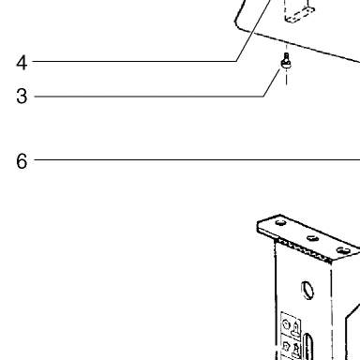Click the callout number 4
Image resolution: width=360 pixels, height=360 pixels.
[x=22, y=63]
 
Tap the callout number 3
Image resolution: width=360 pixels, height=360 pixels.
[x=22, y=96]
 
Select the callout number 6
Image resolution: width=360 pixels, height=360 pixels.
[x=22, y=161]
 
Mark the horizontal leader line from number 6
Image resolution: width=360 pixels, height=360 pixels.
[x=197, y=160]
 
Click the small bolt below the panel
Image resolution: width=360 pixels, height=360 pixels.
[x=286, y=61]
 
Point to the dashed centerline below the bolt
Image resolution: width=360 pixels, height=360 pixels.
[x=286, y=77]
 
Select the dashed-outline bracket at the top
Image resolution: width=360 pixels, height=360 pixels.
[x=298, y=12]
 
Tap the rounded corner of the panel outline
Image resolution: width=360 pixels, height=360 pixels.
[x=238, y=25]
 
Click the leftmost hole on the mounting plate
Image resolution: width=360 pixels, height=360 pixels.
[x=280, y=223]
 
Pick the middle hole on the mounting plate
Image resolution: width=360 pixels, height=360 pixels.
[x=312, y=238]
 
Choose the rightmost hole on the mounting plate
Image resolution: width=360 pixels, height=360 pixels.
[x=343, y=250]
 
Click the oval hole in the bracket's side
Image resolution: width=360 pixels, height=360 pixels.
[x=307, y=291]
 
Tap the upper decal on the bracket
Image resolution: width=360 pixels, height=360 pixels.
[x=291, y=324]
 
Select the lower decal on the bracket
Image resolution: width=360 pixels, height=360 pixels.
[x=292, y=348]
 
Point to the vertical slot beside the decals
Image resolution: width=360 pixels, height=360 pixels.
[x=307, y=346]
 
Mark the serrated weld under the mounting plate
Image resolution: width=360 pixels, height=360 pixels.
[x=304, y=250]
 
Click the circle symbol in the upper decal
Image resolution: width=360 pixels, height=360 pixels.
[x=286, y=324]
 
